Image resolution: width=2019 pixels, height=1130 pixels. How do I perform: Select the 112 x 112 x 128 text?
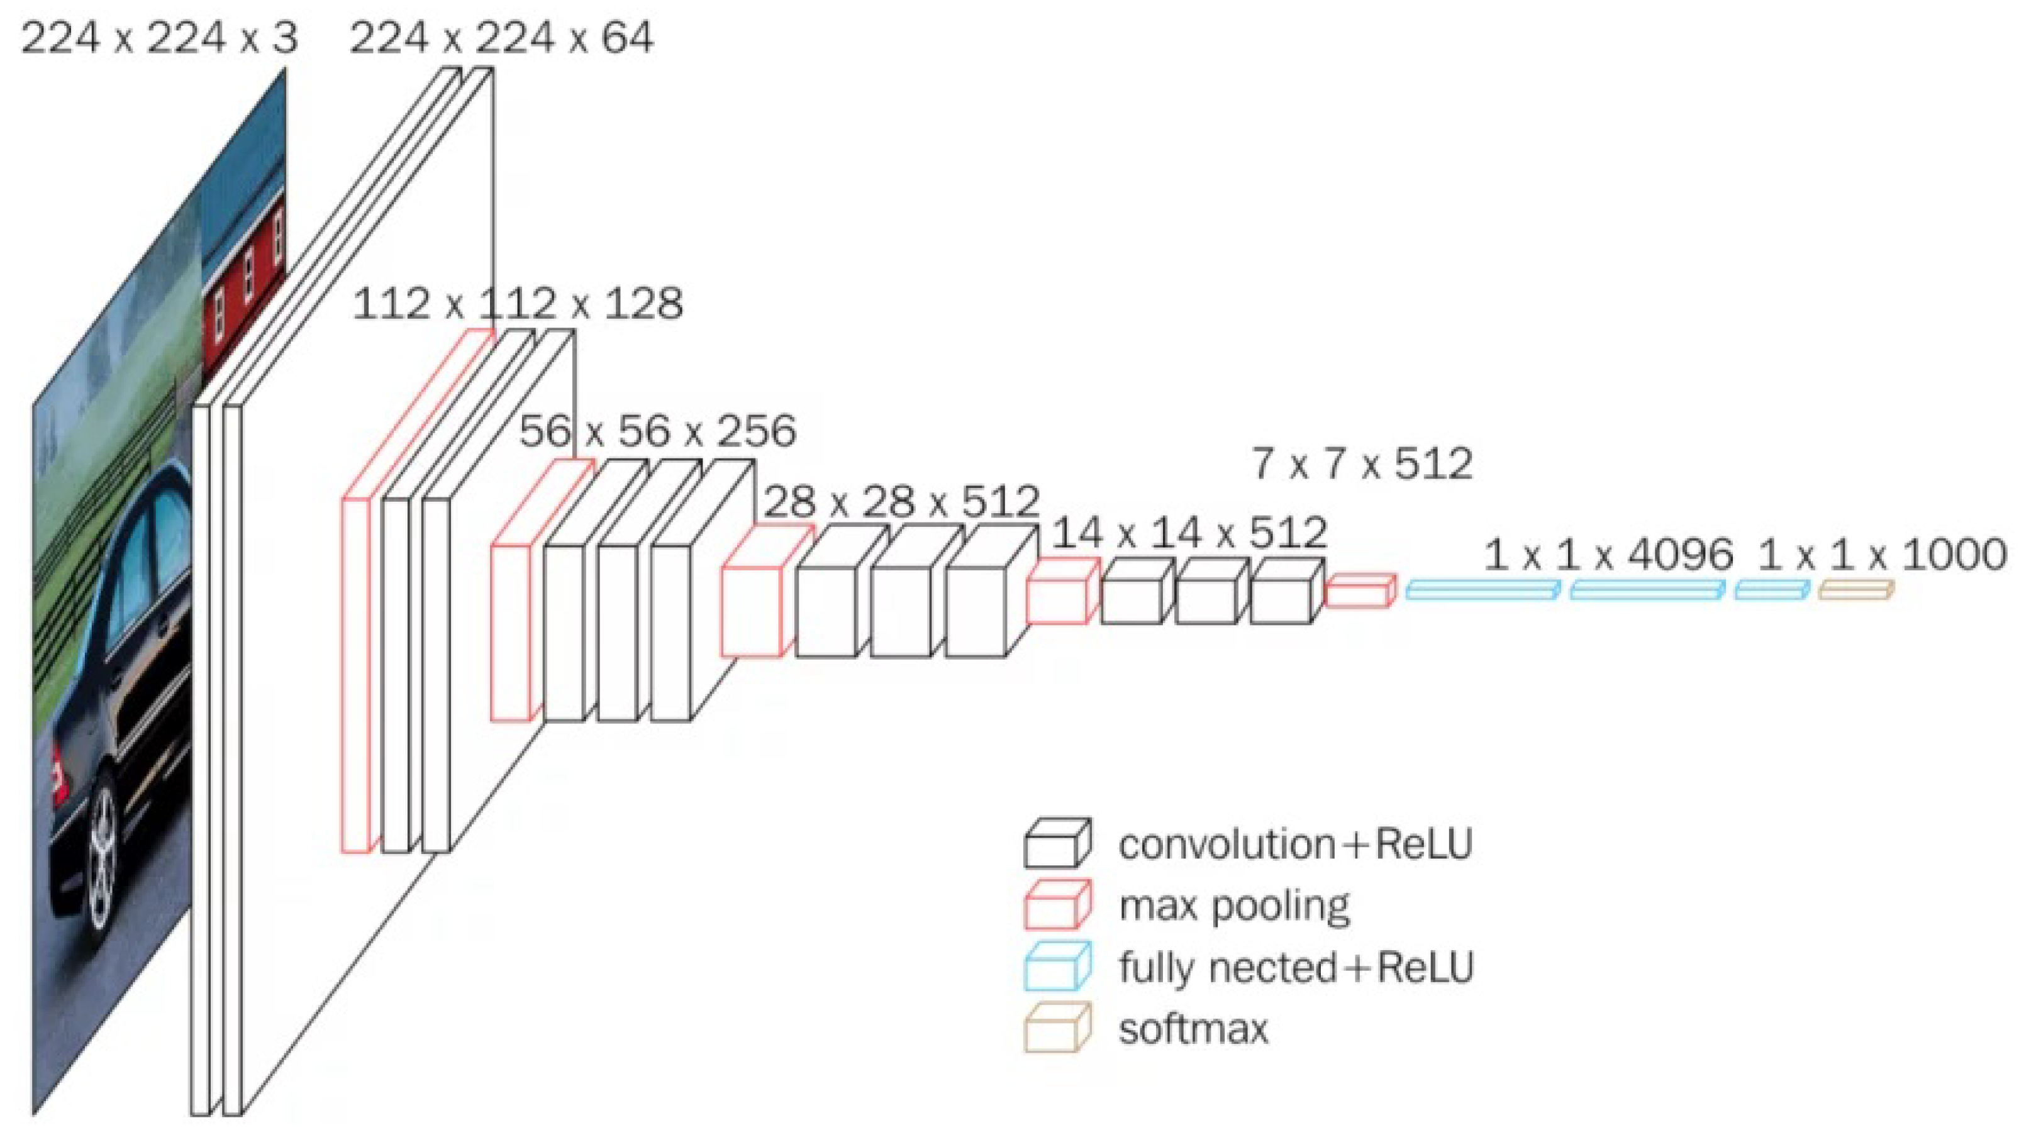517,304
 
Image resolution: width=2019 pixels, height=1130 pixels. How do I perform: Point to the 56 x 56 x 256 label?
657,431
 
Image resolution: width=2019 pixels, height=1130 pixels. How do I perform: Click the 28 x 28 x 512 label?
901,502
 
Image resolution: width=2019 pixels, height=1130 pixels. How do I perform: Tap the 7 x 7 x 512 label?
1362,464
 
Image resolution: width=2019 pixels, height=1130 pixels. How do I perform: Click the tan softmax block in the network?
1856,590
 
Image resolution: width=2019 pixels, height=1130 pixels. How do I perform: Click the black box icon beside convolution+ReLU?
1057,843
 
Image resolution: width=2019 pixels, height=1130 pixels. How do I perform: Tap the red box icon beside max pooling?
1057,905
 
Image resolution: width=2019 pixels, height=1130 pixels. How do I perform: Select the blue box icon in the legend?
1057,967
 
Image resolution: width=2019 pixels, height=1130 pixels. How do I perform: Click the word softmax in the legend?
1193,1028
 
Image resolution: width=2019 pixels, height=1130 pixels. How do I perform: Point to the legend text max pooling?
1235,906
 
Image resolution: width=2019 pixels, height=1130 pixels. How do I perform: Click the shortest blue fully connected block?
1772,590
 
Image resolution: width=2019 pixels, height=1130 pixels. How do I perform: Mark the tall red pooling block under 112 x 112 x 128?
355,674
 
